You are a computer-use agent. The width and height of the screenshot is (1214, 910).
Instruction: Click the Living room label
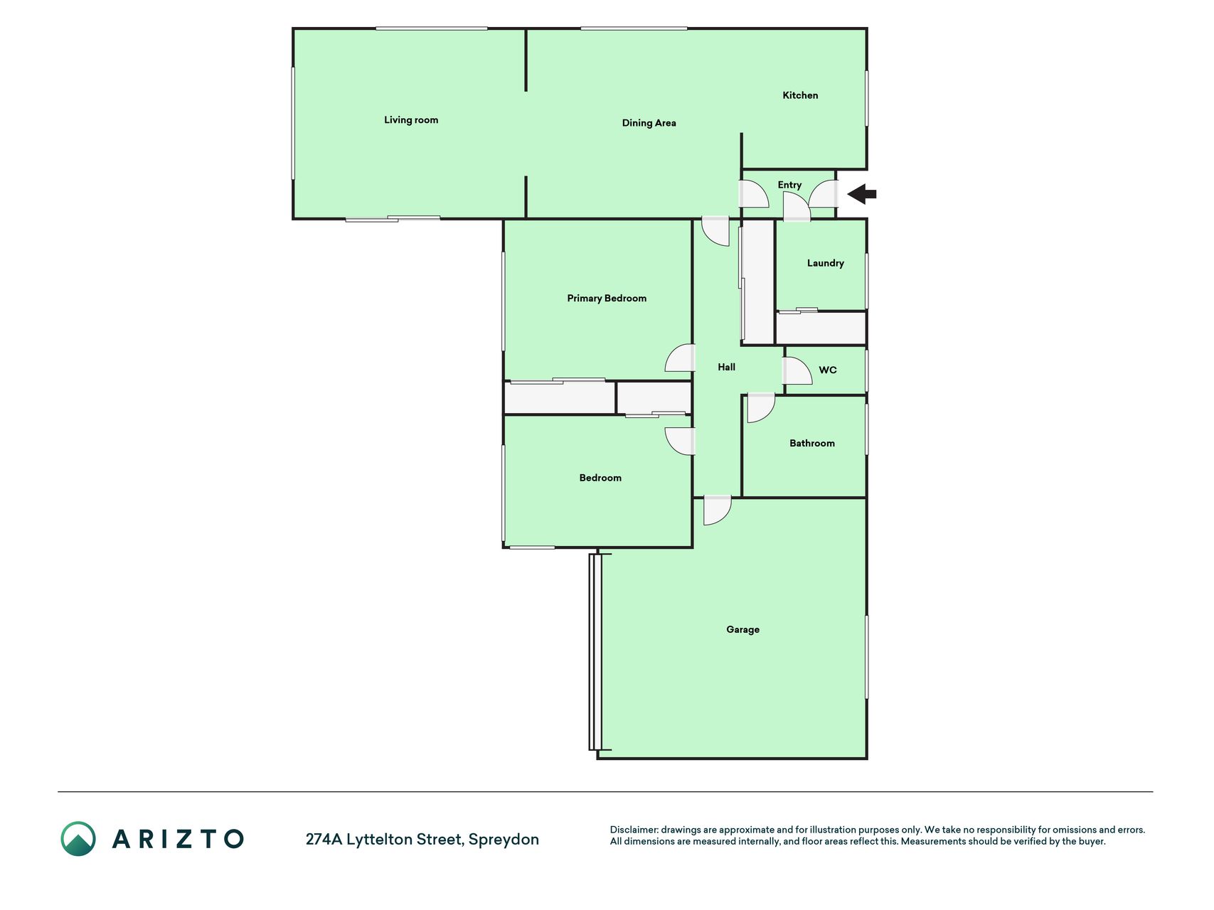point(411,120)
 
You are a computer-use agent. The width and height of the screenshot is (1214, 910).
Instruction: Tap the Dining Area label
point(649,123)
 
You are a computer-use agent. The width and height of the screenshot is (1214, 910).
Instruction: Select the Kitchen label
point(800,95)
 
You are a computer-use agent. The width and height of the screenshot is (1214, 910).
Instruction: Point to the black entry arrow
point(862,193)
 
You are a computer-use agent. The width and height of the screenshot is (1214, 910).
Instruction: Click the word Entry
point(789,185)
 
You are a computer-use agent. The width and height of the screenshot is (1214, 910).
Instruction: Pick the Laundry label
point(825,263)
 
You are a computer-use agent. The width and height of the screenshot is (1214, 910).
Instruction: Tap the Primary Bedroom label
point(607,299)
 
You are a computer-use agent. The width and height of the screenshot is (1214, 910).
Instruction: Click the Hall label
point(726,367)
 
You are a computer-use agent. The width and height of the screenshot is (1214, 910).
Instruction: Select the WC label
point(828,370)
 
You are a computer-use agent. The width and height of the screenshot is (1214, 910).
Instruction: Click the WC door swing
point(797,370)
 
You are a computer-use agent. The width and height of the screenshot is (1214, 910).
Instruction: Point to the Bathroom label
point(812,443)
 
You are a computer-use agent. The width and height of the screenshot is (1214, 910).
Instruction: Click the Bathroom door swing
point(761,407)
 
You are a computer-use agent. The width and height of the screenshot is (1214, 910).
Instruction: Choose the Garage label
point(742,629)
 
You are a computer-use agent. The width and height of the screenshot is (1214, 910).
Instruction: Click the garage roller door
point(595,652)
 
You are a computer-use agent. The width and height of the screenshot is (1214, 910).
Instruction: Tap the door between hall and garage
point(717,510)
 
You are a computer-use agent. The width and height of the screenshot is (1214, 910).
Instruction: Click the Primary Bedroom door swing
point(680,358)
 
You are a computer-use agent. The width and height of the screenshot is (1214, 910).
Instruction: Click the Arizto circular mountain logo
point(78,839)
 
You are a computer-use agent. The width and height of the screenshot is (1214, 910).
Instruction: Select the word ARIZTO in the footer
point(178,839)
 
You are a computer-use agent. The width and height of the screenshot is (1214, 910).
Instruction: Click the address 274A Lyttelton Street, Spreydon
point(422,840)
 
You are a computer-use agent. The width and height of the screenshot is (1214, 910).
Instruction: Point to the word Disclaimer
point(634,830)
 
